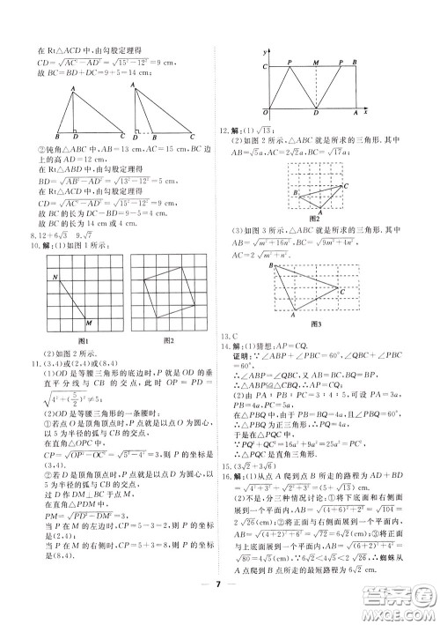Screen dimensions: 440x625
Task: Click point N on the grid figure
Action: click(55, 276)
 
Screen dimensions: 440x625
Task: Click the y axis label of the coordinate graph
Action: click(264, 55)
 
